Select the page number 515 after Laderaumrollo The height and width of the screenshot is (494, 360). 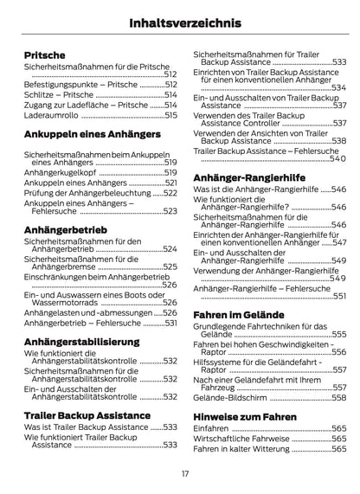[x=170, y=114]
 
